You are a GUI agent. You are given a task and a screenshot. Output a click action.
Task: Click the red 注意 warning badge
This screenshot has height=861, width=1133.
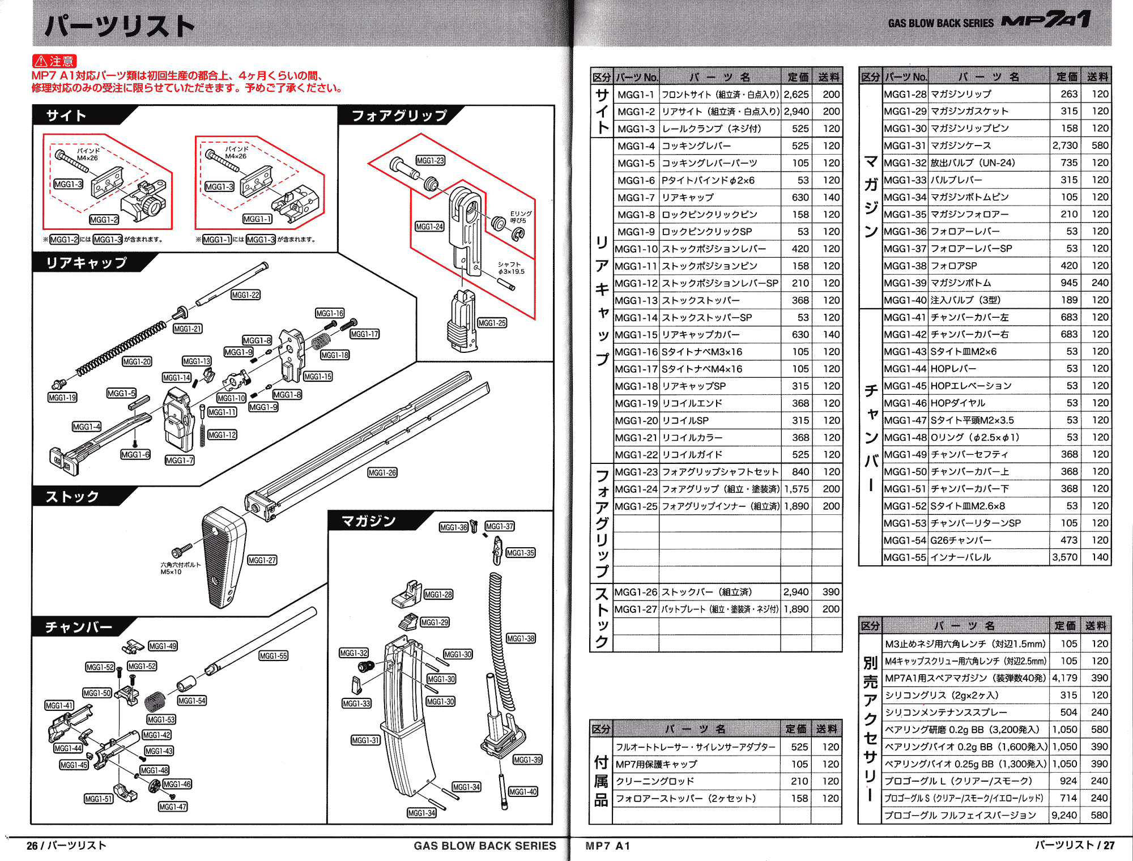click(54, 61)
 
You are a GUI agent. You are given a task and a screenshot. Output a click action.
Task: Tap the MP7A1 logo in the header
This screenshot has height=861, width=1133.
click(1046, 20)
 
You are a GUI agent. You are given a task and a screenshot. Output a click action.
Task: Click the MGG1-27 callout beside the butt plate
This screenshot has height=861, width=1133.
click(262, 560)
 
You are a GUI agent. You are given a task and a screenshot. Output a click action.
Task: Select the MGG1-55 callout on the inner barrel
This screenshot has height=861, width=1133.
click(273, 656)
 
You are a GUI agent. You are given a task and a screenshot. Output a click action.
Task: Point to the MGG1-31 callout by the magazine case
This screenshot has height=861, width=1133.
click(365, 740)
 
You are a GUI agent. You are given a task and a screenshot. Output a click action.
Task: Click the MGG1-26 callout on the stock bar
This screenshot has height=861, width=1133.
click(382, 472)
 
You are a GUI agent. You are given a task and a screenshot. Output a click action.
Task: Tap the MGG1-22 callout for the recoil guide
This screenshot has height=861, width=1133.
click(246, 295)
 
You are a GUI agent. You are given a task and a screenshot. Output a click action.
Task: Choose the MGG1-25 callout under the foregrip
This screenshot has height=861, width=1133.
click(492, 323)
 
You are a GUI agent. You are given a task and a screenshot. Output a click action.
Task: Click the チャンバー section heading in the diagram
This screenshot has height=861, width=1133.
click(79, 627)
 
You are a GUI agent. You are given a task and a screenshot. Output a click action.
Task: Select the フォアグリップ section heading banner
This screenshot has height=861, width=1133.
click(399, 116)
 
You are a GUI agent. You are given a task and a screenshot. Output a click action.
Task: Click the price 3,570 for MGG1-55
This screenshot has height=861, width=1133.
click(1065, 557)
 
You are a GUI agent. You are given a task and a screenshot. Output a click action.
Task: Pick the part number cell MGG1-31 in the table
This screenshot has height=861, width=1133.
click(905, 146)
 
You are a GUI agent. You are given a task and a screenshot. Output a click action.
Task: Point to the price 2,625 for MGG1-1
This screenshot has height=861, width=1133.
click(796, 95)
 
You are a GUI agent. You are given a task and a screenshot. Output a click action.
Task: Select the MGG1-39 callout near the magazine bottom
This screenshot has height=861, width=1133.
click(527, 760)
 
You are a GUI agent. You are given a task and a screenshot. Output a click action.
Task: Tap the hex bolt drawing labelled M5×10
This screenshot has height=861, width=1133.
click(182, 550)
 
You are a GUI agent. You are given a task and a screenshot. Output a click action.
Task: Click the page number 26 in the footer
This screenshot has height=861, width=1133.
click(32, 846)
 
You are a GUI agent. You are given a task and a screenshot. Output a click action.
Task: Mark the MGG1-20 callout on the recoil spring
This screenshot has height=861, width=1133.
click(137, 361)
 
